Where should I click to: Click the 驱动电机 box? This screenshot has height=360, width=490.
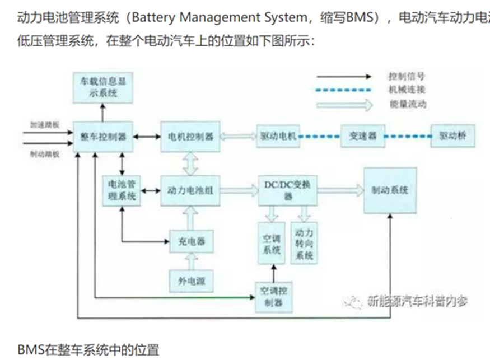pos(278,137)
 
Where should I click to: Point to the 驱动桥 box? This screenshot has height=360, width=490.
pos(452,137)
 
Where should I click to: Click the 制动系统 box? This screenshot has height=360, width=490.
pos(390,190)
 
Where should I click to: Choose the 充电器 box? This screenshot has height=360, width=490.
pos(192,241)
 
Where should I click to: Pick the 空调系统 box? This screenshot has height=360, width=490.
pos(272,243)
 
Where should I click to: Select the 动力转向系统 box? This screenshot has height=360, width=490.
pos(304,243)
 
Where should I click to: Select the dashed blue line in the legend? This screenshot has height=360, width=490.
pos(343,90)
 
